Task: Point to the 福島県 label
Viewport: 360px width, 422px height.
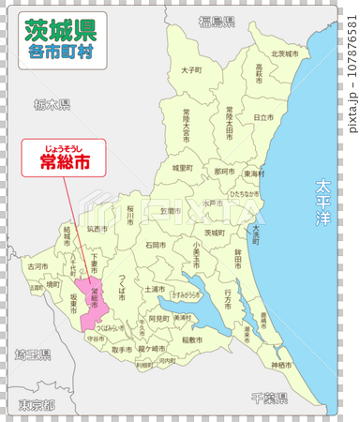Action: tap(216, 21)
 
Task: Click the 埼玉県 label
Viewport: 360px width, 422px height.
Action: tap(32, 355)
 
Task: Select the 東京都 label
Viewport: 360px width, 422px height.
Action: tap(36, 405)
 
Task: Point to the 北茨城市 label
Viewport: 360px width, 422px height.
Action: tap(284, 54)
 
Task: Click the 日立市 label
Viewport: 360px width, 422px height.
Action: tap(263, 117)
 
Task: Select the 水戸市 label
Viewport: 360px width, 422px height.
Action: tap(212, 202)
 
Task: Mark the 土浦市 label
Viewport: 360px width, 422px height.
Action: tap(155, 290)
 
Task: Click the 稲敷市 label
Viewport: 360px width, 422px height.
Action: tap(192, 339)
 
